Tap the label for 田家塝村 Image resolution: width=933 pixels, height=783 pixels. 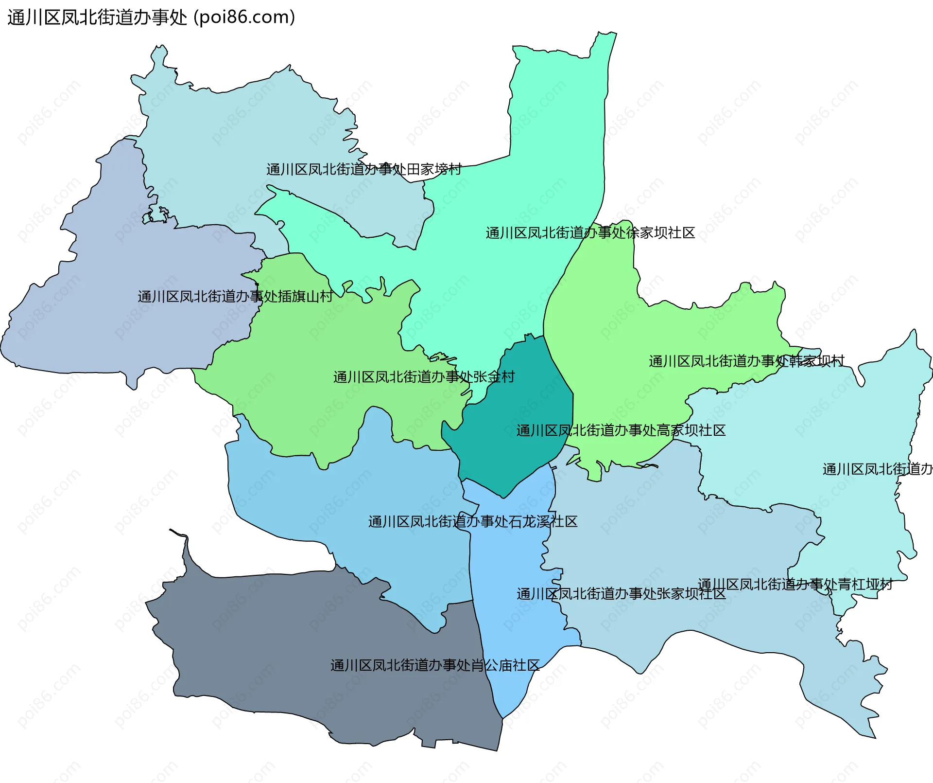363,169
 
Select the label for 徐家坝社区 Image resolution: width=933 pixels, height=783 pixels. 590,233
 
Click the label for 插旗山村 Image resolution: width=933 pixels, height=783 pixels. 235,296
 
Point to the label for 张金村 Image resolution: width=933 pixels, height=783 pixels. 424,377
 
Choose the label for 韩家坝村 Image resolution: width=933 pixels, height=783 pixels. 746,361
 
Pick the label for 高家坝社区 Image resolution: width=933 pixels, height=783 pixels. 621,430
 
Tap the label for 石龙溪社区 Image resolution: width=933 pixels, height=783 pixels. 473,522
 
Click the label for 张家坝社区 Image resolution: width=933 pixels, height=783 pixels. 621,594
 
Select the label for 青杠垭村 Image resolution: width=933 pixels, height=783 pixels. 795,584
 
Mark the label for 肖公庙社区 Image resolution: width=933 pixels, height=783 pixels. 435,665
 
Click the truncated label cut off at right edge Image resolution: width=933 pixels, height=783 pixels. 877,469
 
